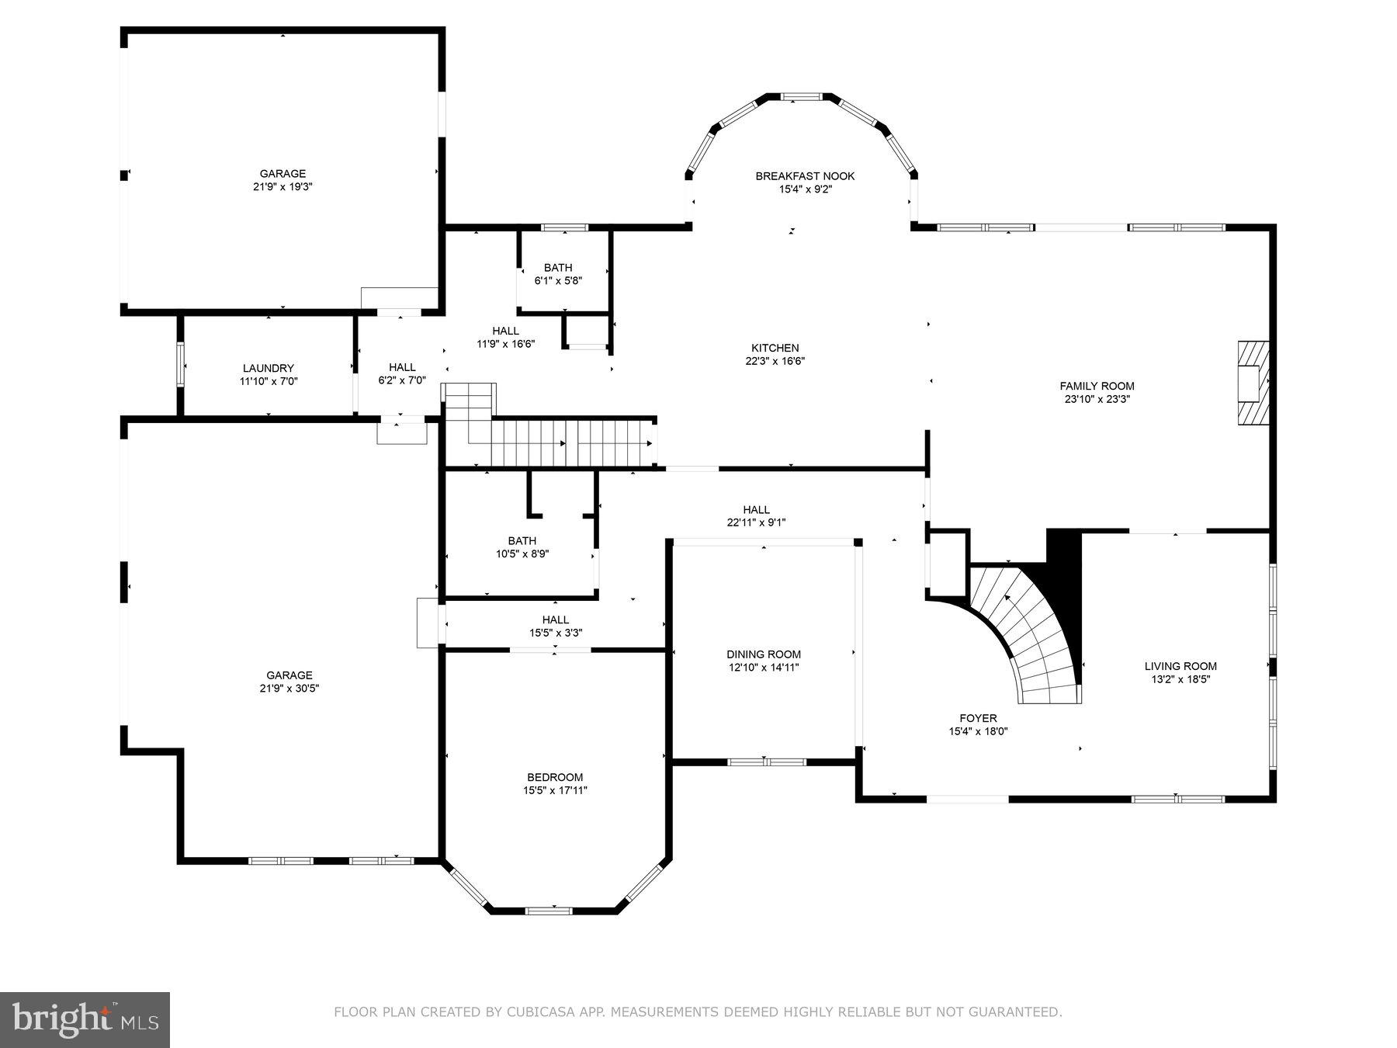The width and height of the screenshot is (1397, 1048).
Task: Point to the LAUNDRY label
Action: (x=269, y=368)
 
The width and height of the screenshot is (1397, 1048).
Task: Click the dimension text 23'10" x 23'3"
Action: (x=1097, y=399)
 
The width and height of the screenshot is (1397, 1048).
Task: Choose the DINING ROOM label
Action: (x=764, y=654)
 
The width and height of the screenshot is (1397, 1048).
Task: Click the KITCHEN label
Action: (x=775, y=348)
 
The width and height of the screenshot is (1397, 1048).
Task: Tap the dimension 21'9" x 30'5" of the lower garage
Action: (x=289, y=688)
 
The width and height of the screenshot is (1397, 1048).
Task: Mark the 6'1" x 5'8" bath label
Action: (x=558, y=280)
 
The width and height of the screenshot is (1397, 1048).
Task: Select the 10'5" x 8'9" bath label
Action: (x=522, y=553)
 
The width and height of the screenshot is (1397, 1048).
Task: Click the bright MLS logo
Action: (x=85, y=1019)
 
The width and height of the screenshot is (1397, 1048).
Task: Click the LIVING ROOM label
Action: (x=1180, y=666)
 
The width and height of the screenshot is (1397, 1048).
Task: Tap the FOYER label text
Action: (x=978, y=718)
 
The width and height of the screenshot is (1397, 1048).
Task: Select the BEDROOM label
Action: (x=555, y=777)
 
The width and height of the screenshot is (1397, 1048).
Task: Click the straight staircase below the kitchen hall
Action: (x=570, y=442)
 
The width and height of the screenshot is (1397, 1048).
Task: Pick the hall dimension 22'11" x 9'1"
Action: (x=756, y=522)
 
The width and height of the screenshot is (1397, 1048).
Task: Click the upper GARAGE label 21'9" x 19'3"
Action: (x=283, y=180)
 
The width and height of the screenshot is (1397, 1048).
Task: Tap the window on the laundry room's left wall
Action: (x=181, y=365)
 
